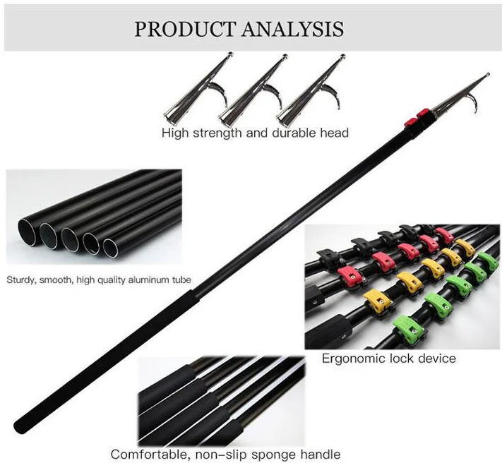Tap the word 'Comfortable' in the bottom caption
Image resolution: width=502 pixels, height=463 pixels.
pos(148,454)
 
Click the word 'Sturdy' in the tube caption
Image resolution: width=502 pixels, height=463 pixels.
pos(22,279)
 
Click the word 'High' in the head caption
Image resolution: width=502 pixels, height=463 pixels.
pos(175,133)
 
